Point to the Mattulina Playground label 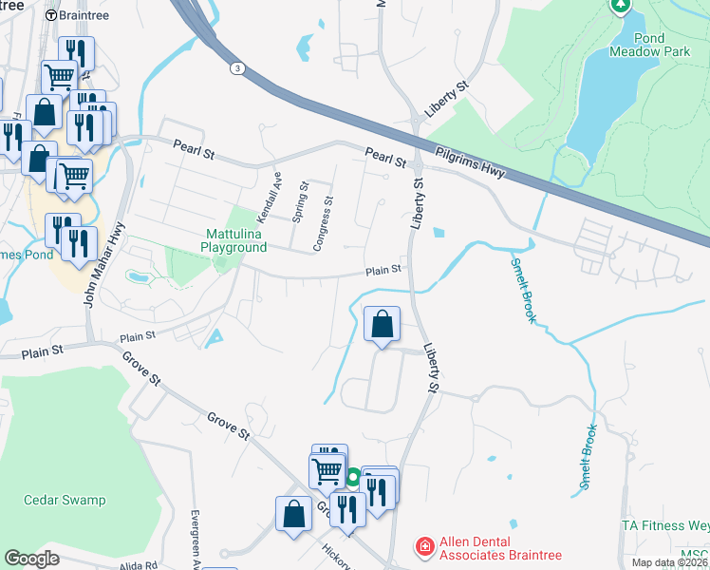click(x=233, y=239)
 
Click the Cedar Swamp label click(x=65, y=500)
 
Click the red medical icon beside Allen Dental click(x=423, y=548)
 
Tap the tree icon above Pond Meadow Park click(x=621, y=7)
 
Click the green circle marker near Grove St click(x=352, y=478)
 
